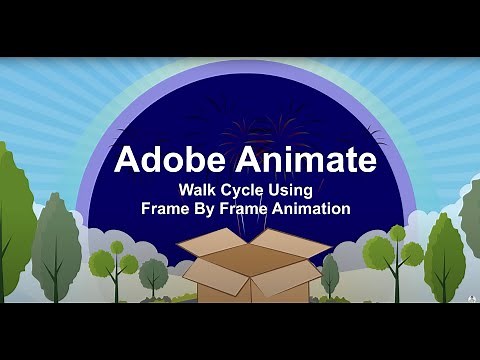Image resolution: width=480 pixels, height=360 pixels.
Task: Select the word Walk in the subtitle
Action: [198, 190]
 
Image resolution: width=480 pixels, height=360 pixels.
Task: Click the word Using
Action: [293, 190]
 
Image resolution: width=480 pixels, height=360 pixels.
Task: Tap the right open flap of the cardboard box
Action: [292, 243]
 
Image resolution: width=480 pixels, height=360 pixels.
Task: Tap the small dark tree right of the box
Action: [330, 272]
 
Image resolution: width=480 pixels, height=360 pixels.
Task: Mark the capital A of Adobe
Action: [126, 160]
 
